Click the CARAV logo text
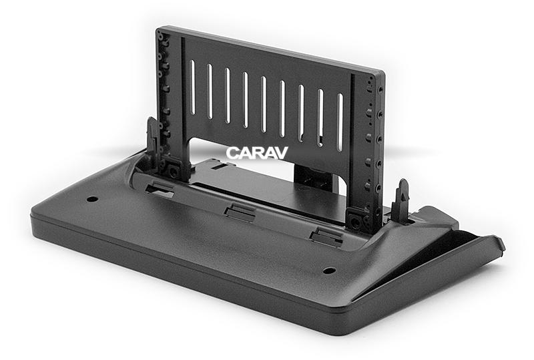pyautogui.click(x=257, y=153)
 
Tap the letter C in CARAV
pyautogui.click(x=232, y=153)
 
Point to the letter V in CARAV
pyautogui.click(x=282, y=153)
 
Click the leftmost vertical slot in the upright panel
pyautogui.click(x=192, y=87)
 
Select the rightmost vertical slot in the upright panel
pyautogui.click(x=340, y=122)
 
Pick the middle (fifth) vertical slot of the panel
pyautogui.click(x=263, y=104)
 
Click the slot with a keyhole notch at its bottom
pyautogui.click(x=320, y=118)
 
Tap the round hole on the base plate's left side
pyautogui.click(x=92, y=199)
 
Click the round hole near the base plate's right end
pyautogui.click(x=329, y=271)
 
